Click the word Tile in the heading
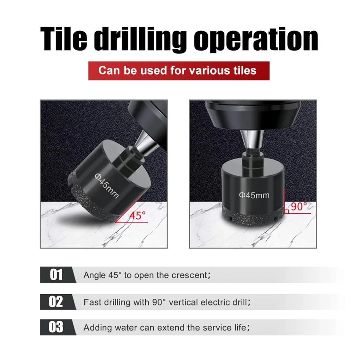click(x=64, y=39)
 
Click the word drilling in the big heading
click(x=140, y=39)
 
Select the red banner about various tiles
click(x=179, y=70)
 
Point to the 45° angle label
click(x=137, y=216)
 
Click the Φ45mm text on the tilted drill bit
click(x=107, y=186)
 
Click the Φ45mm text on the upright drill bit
click(x=254, y=195)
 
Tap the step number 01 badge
click(x=56, y=275)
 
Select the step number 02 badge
click(x=56, y=301)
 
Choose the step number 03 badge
click(x=56, y=327)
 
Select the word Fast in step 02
click(x=92, y=302)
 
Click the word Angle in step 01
click(x=94, y=275)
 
